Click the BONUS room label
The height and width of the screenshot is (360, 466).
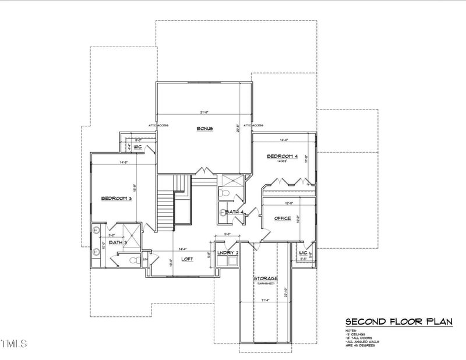click(204, 129)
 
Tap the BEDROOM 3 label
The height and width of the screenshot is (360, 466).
click(116, 199)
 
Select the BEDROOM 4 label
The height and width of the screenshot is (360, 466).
click(282, 156)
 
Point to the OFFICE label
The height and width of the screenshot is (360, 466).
click(283, 218)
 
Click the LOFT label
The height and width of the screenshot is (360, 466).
click(187, 259)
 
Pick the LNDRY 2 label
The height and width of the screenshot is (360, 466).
click(227, 252)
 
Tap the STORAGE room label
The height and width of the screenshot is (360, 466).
click(265, 279)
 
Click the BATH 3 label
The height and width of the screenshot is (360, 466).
click(118, 242)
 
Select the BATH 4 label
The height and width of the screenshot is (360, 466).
click(234, 212)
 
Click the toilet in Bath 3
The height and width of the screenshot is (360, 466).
click(132, 260)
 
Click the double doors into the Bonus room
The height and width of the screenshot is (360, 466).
click(203, 172)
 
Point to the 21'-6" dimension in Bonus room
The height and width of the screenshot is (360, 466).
click(204, 112)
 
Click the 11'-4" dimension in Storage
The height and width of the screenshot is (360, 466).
click(265, 300)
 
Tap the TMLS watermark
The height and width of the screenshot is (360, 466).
click(14, 344)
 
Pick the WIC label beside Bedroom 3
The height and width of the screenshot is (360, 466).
click(138, 147)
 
